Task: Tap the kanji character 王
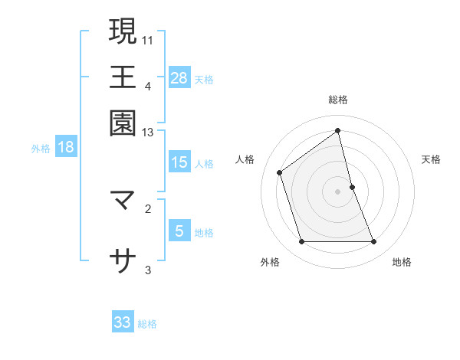point(123,77)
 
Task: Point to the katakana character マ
point(123,201)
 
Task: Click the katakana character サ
point(123,261)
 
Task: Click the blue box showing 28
point(179,77)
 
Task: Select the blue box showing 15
point(179,162)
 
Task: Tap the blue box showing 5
point(179,231)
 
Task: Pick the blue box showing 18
point(66,148)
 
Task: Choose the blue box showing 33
point(123,322)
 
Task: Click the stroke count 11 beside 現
point(148,38)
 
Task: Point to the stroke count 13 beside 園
point(148,133)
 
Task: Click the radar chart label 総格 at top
point(338,100)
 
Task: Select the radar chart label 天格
point(431,159)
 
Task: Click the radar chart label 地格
point(402,262)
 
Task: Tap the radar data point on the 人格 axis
point(280,172)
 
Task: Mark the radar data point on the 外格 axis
point(301,242)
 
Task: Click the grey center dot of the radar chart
point(338,191)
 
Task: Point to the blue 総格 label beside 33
point(147,324)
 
